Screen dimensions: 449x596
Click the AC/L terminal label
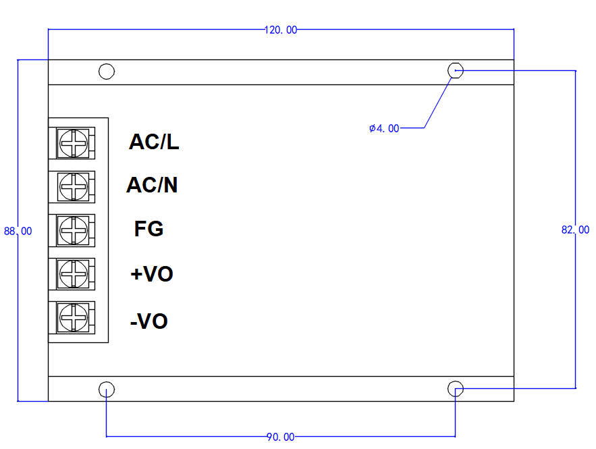tap(154, 142)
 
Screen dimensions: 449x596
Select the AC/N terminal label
tap(152, 185)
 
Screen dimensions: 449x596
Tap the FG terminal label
tap(148, 229)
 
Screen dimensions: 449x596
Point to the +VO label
tap(151, 274)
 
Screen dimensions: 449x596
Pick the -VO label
tap(148, 321)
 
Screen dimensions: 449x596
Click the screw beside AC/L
tap(72, 142)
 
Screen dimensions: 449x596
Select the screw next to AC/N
tap(72, 185)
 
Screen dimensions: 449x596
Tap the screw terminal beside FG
tap(72, 229)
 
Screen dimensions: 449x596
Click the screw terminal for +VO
tap(72, 273)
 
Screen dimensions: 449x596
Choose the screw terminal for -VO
tap(72, 317)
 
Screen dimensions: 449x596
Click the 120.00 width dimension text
tap(280, 30)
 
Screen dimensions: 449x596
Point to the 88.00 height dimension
tap(18, 231)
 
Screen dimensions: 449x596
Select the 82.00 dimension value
tap(575, 230)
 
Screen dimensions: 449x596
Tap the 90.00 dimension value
tap(280, 437)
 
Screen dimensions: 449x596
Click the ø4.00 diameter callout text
tap(384, 128)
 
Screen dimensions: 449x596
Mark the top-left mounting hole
tap(107, 71)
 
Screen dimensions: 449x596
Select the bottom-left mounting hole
tap(107, 389)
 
